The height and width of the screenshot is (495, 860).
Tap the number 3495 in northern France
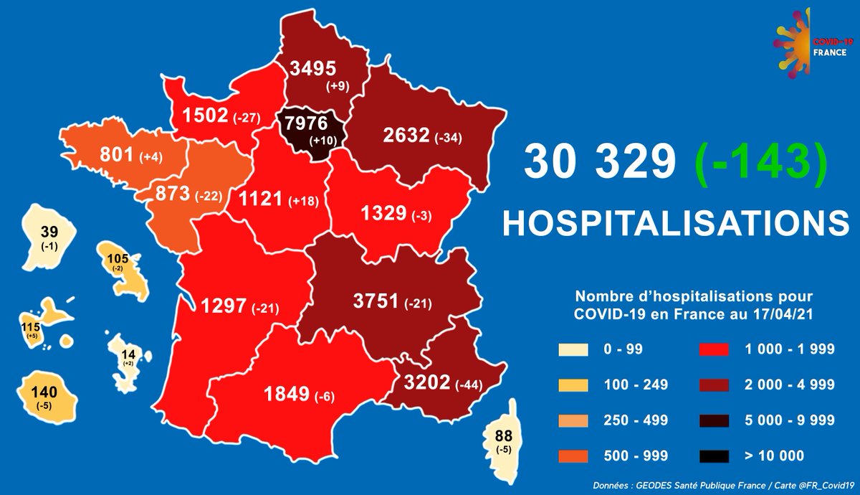click(312, 69)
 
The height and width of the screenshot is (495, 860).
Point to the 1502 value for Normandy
click(204, 115)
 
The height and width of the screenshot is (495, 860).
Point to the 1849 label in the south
click(285, 393)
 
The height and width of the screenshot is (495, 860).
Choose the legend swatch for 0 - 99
click(573, 350)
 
